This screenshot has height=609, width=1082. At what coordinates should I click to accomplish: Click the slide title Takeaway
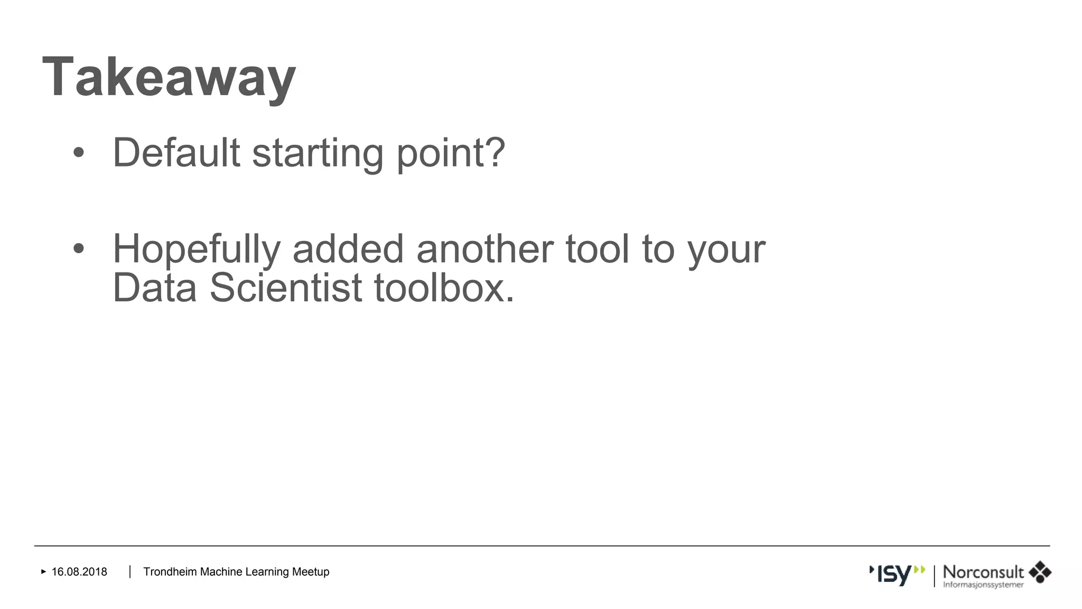pos(169,78)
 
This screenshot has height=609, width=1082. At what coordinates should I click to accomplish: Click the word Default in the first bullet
pos(176,153)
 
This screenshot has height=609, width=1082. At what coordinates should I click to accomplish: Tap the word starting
pos(318,154)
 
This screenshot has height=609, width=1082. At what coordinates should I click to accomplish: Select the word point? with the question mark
pos(451,154)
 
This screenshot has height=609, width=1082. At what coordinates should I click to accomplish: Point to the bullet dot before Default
pos(79,153)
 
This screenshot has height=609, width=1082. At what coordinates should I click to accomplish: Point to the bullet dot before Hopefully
pos(79,249)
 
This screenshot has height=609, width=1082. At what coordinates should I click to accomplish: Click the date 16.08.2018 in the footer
pos(79,572)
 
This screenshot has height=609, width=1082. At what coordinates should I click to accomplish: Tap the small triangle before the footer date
pos(44,571)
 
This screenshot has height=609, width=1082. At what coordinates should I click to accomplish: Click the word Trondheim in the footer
pos(170,572)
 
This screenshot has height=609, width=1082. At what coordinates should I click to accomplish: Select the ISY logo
pos(897,575)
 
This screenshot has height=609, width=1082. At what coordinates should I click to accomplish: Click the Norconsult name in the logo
pos(983,572)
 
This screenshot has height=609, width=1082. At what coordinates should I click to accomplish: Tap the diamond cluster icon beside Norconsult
pos(1040,573)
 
